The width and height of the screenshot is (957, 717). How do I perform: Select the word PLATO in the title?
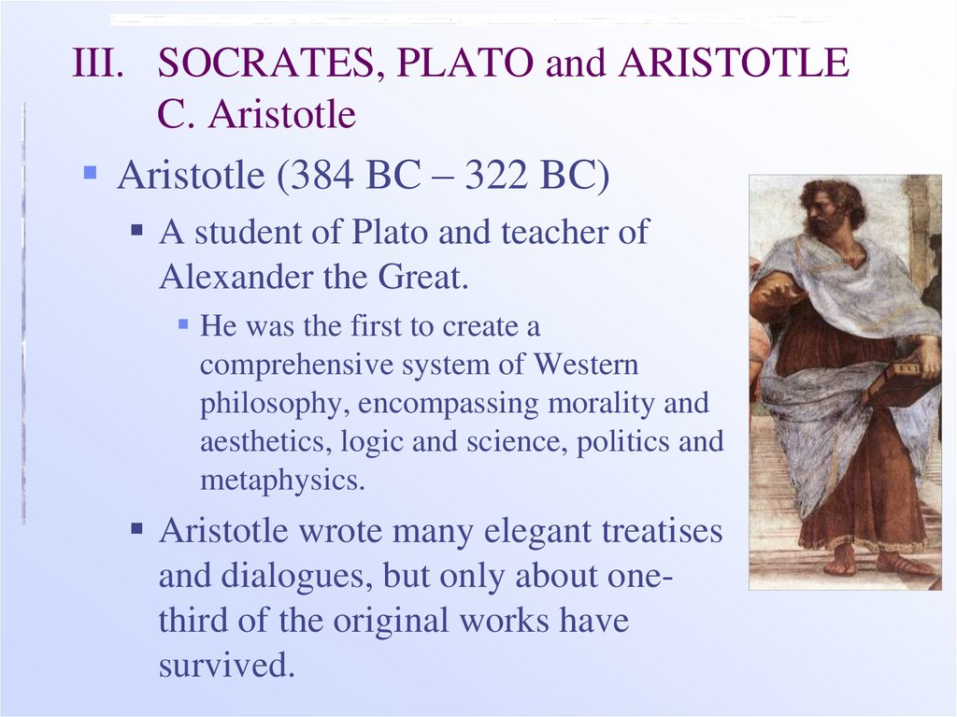[465, 63]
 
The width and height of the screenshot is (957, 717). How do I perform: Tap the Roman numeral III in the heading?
[97, 63]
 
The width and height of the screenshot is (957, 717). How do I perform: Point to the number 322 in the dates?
[495, 175]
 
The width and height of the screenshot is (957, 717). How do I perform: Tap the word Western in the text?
[586, 365]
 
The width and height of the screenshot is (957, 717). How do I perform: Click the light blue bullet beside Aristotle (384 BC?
[91, 172]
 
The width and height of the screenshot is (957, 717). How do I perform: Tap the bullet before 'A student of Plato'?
[137, 230]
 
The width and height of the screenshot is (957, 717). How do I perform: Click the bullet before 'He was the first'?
[183, 323]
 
